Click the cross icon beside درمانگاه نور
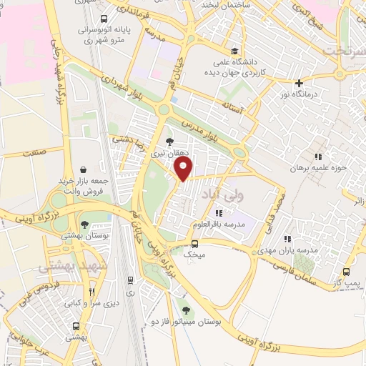[299, 82]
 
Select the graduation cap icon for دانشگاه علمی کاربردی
[234, 51]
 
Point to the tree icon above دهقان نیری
[169, 142]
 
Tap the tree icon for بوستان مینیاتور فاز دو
[186, 310]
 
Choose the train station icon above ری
[129, 280]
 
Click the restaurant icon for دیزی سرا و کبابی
[91, 292]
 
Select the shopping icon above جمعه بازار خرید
[84, 170]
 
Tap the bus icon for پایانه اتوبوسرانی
[104, 19]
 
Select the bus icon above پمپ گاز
[347, 272]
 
